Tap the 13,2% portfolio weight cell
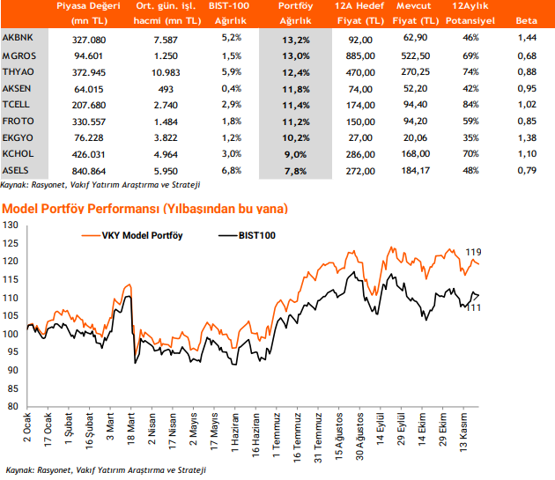tap(296, 39)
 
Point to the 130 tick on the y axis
tap(11, 225)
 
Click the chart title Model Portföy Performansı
tap(144, 208)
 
